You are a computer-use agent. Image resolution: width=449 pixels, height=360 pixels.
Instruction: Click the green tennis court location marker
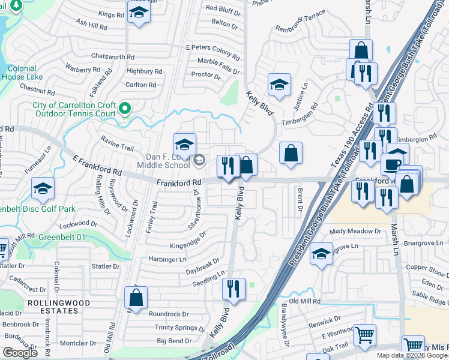click(x=125, y=109)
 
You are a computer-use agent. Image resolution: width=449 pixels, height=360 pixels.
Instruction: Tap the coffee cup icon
click(x=394, y=164)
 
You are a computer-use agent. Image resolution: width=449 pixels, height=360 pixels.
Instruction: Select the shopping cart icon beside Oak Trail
click(x=364, y=335)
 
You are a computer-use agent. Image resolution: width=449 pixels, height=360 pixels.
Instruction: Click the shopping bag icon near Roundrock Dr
click(x=136, y=297)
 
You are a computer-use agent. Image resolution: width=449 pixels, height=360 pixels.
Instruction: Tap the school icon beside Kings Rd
click(x=139, y=12)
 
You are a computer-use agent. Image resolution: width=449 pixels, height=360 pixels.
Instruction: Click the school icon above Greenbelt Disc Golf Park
click(x=43, y=188)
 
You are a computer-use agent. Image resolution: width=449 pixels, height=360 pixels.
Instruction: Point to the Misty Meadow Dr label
click(x=355, y=231)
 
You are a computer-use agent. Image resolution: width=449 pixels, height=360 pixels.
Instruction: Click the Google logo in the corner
click(x=20, y=353)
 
